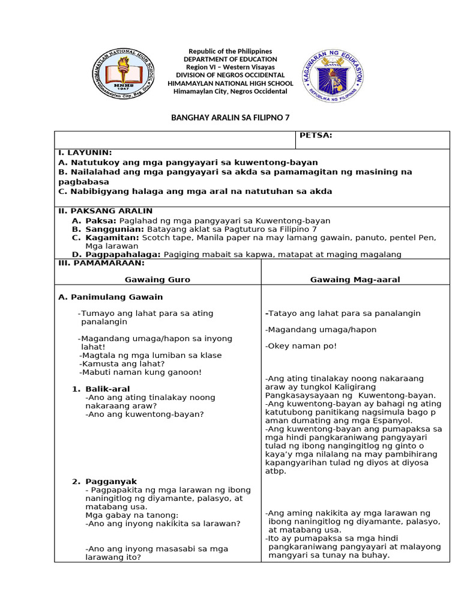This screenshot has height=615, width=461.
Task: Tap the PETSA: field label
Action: click(316, 136)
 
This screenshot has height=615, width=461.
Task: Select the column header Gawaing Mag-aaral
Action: click(355, 280)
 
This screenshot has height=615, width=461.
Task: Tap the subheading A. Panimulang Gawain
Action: click(110, 297)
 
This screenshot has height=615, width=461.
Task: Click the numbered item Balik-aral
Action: click(107, 389)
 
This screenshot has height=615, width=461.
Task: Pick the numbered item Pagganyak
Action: click(111, 482)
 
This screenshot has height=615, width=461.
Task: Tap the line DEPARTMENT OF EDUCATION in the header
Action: click(230, 59)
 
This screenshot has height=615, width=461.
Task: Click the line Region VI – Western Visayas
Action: click(230, 67)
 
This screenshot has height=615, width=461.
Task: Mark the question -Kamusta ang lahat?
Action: click(122, 363)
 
